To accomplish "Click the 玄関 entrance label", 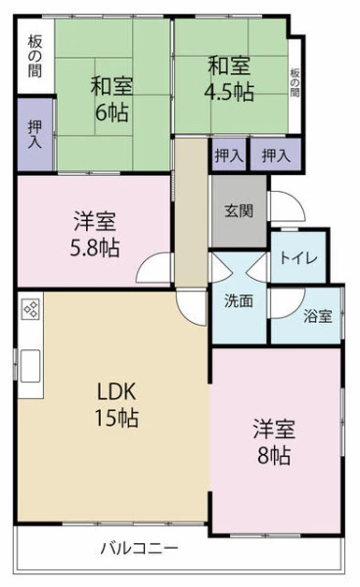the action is coord(239,211).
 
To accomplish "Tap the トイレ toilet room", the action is coord(298,257).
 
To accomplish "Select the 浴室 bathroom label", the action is coord(318,316).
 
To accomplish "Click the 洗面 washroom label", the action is coord(239,300).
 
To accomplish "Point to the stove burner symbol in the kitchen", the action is coord(30,309).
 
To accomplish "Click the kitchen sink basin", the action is coord(30,366).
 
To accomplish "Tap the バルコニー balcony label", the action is coord(139,549).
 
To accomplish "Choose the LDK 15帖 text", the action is coord(116,405).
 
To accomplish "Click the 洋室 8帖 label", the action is coord(274,442).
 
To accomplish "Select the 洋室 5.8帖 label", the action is coord(95,234).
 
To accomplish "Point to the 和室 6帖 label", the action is coord(112,99).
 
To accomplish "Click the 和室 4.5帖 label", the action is coord(229,78).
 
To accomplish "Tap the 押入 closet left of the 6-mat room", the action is coord(35,134).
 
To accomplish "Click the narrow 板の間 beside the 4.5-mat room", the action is coord(294,83).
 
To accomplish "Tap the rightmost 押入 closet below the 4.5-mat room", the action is coord(276,155).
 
